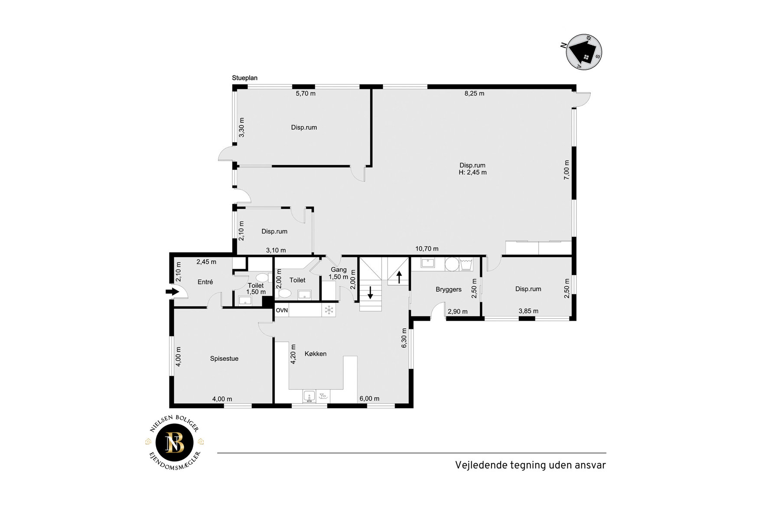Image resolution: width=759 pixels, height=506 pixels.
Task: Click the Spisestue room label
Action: coord(224,359)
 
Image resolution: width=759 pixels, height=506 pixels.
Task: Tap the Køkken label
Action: coord(316,354)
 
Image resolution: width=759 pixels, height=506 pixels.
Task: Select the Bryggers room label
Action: coord(449,290)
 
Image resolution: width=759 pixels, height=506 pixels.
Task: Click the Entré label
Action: coord(205,282)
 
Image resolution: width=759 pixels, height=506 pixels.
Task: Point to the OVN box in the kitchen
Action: coord(282,310)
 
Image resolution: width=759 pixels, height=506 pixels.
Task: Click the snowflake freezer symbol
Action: coord(329,310)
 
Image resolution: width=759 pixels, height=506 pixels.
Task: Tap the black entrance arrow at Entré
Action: coord(172,292)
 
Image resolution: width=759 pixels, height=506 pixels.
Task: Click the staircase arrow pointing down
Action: coord(371,293)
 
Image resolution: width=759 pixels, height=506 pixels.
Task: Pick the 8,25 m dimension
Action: coord(474,93)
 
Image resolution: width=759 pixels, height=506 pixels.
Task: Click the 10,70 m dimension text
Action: coord(427,249)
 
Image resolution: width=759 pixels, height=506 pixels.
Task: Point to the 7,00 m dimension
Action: coord(567,170)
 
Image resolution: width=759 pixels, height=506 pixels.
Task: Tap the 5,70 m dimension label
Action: coord(306,93)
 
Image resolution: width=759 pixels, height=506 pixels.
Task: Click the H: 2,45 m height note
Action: coord(472,173)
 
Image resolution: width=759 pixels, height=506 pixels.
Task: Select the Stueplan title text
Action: coord(244,78)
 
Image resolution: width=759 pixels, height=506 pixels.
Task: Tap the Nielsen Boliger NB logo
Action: coord(175,442)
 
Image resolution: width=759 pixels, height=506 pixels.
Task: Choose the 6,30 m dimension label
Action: coord(404,338)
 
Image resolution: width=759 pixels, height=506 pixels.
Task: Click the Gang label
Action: coord(339,270)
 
